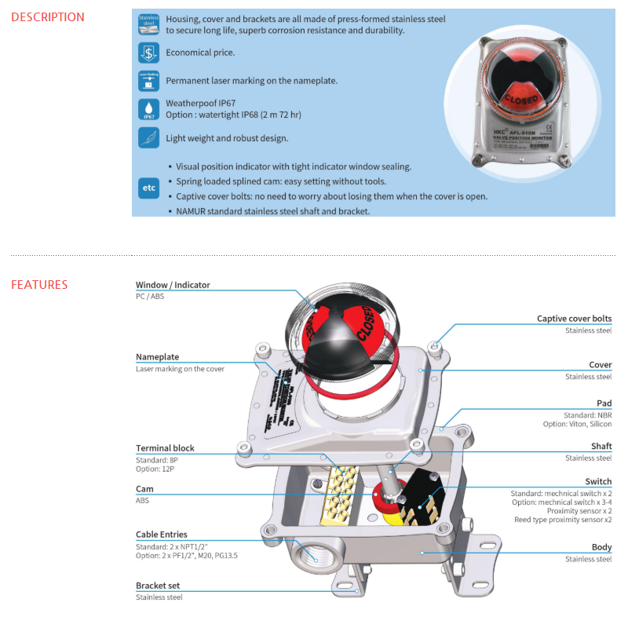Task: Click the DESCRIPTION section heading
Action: (48, 17)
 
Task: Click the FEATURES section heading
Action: (39, 285)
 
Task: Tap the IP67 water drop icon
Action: (148, 109)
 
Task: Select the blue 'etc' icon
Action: (148, 188)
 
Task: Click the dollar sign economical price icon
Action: (148, 53)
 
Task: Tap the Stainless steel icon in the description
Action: (148, 24)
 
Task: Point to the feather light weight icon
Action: (148, 137)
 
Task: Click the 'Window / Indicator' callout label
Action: (173, 285)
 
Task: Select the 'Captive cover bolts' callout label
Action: (574, 319)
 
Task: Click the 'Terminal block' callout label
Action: (165, 448)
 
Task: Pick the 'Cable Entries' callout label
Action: (162, 535)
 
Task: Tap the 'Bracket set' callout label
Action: (158, 586)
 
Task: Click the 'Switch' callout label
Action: (598, 481)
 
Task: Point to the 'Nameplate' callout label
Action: (158, 357)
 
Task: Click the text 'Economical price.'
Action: (200, 53)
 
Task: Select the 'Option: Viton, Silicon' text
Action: (577, 424)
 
